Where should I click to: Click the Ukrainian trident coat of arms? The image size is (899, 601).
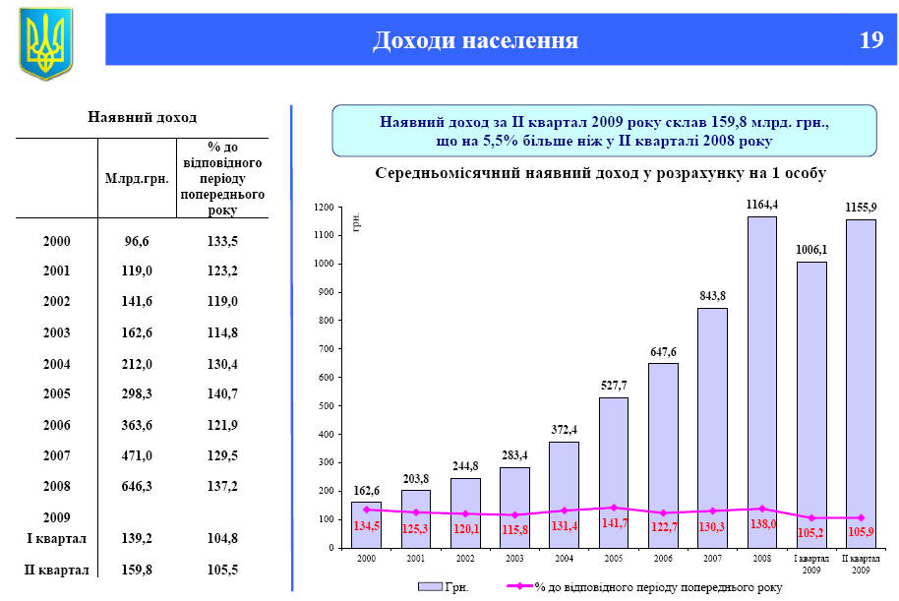45,43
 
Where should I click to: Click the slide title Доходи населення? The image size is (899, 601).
474,40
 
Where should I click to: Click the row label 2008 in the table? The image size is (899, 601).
58,487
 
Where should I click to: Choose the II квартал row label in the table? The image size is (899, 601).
57,570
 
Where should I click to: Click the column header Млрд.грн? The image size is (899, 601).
137,179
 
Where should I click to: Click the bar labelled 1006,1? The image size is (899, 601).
810,404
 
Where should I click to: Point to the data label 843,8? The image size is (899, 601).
712,297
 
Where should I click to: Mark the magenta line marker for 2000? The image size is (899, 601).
366,510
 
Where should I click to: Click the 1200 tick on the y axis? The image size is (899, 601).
323,208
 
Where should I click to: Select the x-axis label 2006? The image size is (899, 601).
662,558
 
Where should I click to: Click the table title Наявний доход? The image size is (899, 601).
143,117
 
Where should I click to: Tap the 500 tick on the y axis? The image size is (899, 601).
325,406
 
